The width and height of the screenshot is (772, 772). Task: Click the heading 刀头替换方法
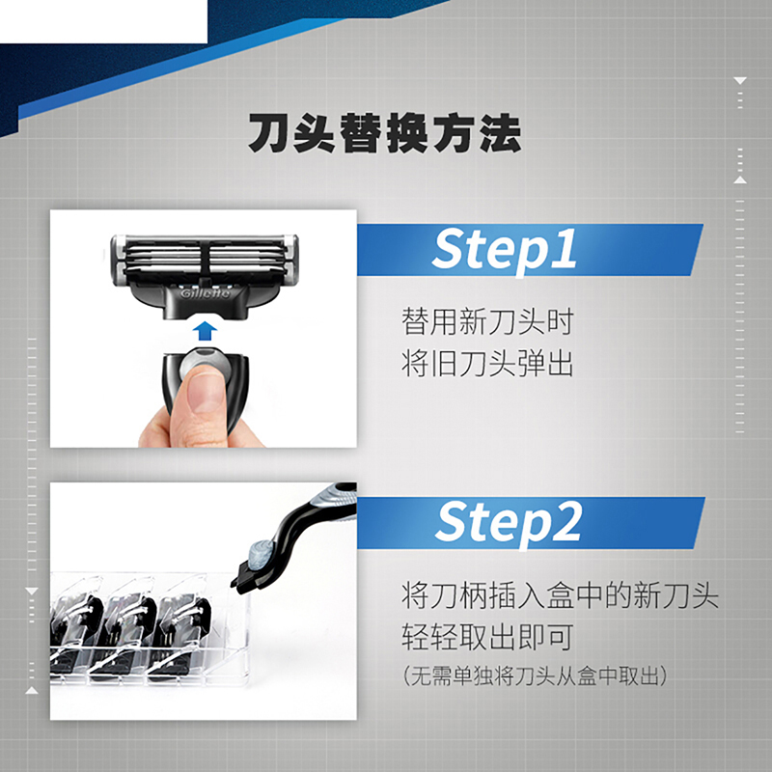[384, 133]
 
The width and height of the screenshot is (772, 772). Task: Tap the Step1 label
[504, 250]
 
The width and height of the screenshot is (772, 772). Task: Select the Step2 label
[508, 523]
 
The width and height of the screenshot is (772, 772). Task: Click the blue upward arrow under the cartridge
[205, 331]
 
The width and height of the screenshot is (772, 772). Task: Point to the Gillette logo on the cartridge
[205, 293]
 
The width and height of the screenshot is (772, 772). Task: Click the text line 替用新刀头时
[487, 322]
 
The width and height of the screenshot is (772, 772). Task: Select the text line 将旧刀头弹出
[487, 364]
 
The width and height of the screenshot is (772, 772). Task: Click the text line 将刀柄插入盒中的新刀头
[560, 595]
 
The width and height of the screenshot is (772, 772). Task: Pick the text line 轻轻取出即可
[487, 637]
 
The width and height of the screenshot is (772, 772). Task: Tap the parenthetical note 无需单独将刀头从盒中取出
[535, 676]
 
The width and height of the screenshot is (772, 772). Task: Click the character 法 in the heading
[501, 133]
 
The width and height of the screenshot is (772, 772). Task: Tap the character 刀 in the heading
[268, 133]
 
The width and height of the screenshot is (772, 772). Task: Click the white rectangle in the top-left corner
[103, 21]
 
